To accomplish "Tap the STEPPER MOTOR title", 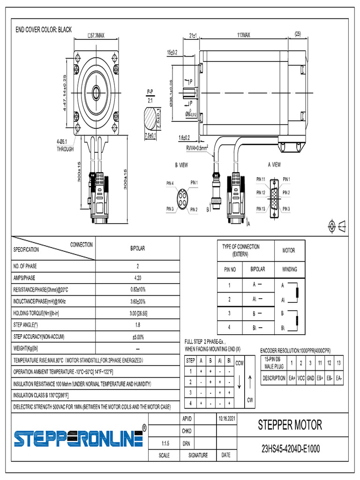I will [x=290, y=425].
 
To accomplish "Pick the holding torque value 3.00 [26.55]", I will [x=137, y=313].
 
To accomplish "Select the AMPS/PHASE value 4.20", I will [x=137, y=277].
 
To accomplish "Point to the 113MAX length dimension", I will [x=243, y=35].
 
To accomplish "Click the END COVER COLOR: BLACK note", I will [x=44, y=30].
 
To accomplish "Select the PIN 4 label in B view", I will [x=170, y=183].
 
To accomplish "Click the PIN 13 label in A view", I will [x=261, y=209].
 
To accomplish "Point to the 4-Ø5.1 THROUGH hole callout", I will [x=66, y=145].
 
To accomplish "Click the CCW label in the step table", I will [x=239, y=363].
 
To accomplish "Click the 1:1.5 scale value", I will [x=164, y=443].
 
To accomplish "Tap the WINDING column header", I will [x=289, y=270].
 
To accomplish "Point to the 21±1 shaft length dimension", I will [x=193, y=35].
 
